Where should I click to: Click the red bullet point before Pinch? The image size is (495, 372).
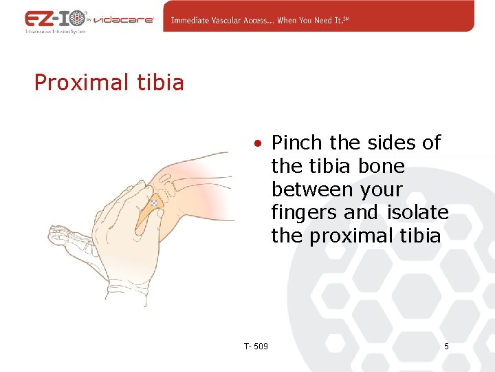point(256,144)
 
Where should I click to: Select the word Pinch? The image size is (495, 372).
point(297,143)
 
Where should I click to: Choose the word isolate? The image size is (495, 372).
point(418,213)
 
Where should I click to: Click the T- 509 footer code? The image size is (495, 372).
point(256,345)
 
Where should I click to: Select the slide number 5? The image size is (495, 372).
point(446,346)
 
